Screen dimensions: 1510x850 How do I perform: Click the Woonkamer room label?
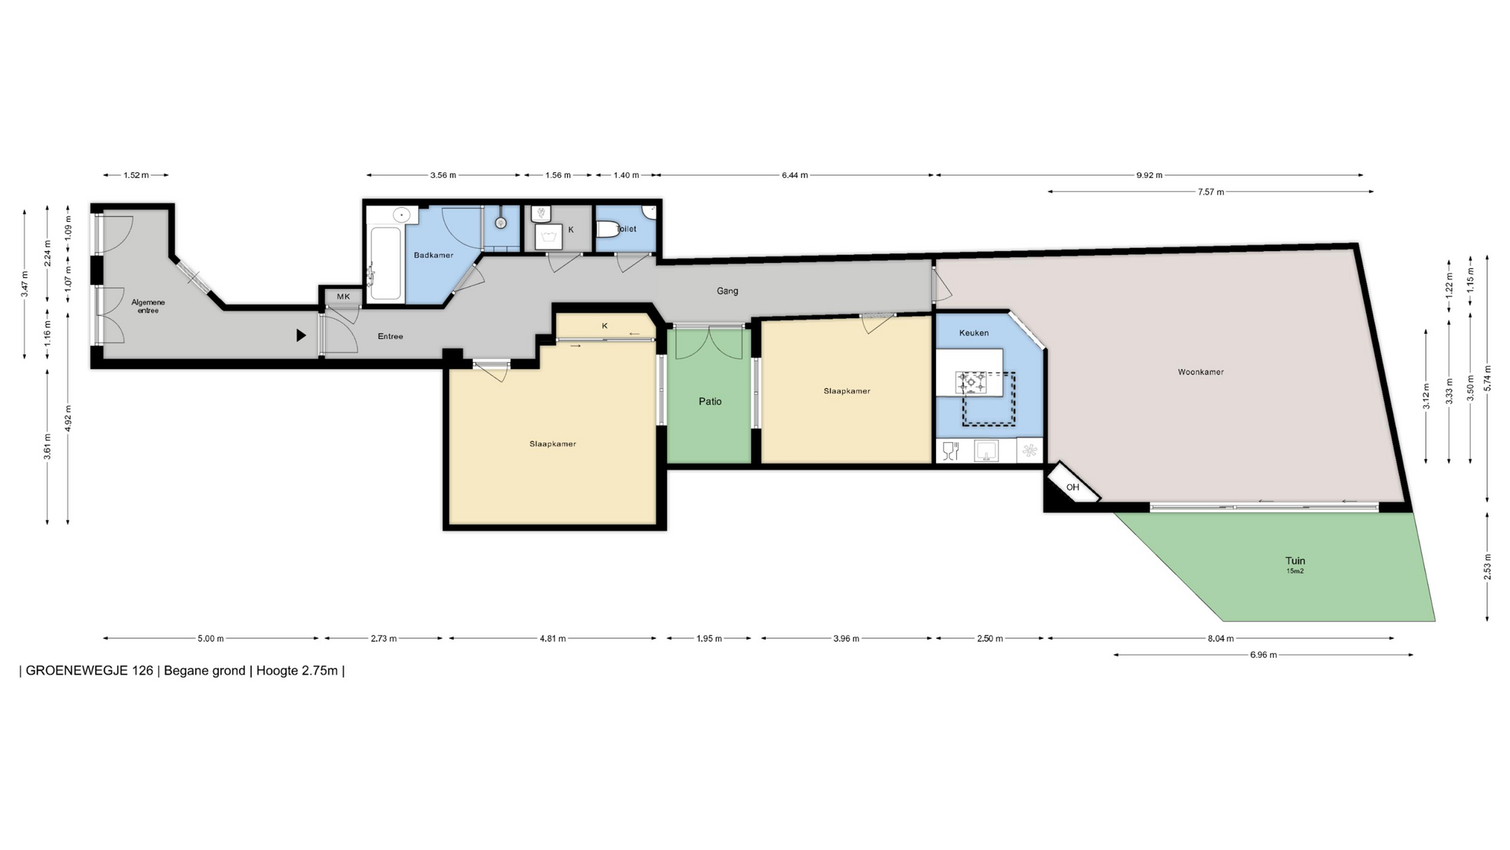(1200, 372)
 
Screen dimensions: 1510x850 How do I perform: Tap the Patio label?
(710, 401)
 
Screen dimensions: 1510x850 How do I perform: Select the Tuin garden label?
(1295, 561)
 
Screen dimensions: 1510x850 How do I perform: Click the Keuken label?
(974, 333)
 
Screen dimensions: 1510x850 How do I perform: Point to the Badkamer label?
(433, 255)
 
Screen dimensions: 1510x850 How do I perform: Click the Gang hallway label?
(727, 291)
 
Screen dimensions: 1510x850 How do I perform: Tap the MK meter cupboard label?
(343, 297)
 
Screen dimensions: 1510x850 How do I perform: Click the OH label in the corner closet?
(1073, 487)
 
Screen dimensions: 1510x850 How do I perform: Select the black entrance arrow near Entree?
(300, 335)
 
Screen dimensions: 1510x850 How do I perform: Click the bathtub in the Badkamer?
(385, 264)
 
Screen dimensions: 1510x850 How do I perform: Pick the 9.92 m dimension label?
(1149, 176)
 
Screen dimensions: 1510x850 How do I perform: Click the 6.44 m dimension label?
(794, 176)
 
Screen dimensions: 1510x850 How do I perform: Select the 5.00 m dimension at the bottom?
(211, 638)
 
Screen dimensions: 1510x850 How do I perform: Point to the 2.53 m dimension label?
(1487, 567)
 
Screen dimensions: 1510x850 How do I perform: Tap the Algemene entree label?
(148, 306)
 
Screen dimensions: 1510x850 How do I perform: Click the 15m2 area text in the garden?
(1295, 571)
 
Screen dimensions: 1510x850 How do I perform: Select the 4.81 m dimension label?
(553, 638)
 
